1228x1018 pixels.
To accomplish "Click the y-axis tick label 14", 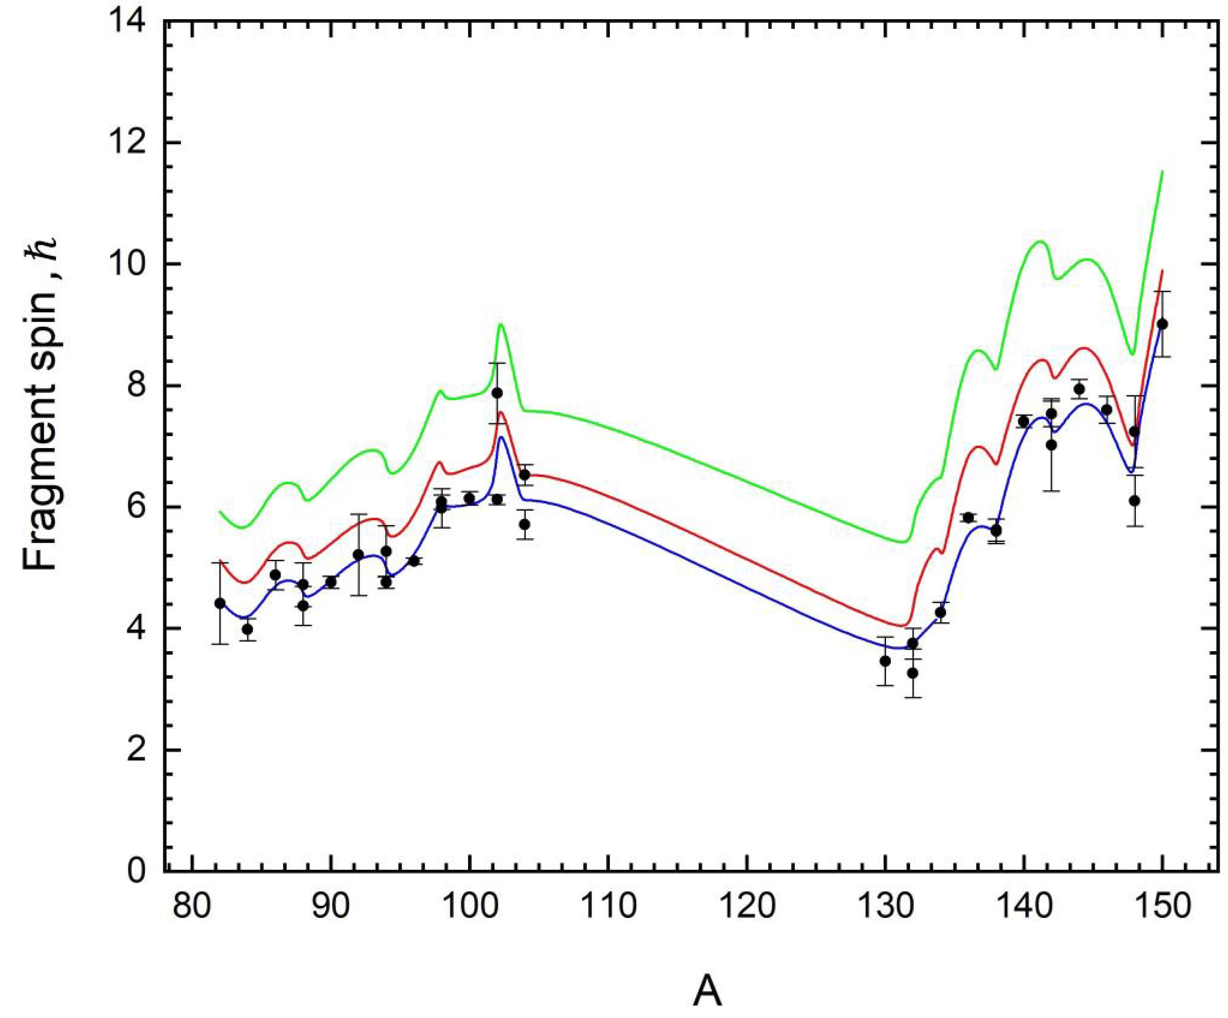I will (x=133, y=22).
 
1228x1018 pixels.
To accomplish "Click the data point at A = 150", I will (x=1162, y=324).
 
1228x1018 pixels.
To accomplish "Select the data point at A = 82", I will (x=220, y=603).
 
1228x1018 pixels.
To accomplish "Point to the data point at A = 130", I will (x=885, y=661).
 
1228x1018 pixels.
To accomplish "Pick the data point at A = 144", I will (x=1079, y=389).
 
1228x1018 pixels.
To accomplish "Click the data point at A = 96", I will (x=414, y=561).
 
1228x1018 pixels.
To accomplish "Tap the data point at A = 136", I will (x=969, y=517).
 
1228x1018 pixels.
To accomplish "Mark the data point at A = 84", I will (x=247, y=629).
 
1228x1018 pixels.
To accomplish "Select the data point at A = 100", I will (x=469, y=498).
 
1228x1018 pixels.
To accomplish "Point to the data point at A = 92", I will (x=358, y=554).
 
